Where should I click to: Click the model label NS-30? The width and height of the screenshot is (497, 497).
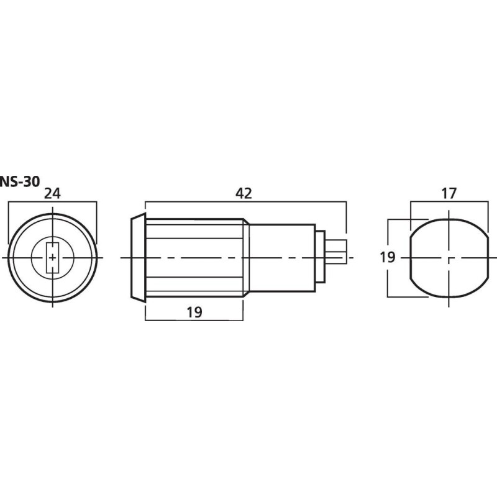tap(20, 181)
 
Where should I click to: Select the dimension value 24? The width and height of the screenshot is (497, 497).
tap(53, 193)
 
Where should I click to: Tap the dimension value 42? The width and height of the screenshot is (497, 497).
tap(244, 193)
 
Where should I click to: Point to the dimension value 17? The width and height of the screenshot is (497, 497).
tap(449, 193)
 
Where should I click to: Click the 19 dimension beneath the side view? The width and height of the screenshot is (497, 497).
tap(194, 312)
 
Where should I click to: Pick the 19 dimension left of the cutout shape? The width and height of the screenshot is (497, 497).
tap(388, 257)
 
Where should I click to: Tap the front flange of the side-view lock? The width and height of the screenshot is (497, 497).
tap(137, 257)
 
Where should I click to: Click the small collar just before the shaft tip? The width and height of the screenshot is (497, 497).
tap(320, 257)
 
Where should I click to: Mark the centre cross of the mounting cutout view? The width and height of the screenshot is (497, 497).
tap(448, 257)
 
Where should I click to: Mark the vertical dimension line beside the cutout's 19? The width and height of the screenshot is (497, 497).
tap(388, 280)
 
